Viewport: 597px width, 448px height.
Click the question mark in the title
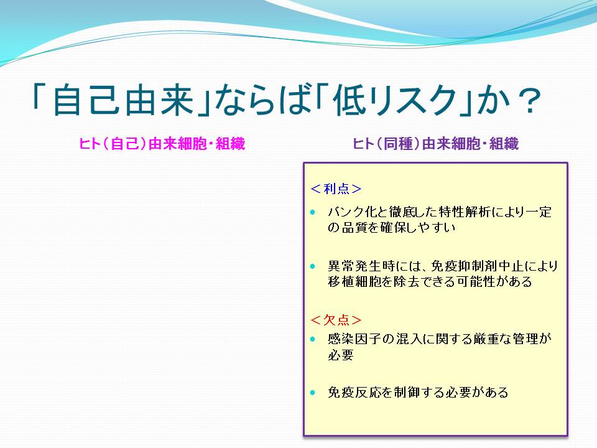click(527, 100)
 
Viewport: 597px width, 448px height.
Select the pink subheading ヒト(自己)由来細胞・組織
click(162, 144)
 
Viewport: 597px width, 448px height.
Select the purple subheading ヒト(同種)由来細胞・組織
click(435, 144)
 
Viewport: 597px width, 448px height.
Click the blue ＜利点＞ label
click(336, 189)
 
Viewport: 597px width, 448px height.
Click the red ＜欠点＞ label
click(336, 320)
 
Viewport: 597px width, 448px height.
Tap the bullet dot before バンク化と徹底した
click(313, 212)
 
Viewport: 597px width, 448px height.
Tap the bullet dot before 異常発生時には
click(313, 266)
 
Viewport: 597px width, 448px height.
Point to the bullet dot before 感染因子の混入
click(313, 338)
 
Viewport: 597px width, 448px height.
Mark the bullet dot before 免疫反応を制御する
click(313, 393)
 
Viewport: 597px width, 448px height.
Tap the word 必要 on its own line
click(341, 355)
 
